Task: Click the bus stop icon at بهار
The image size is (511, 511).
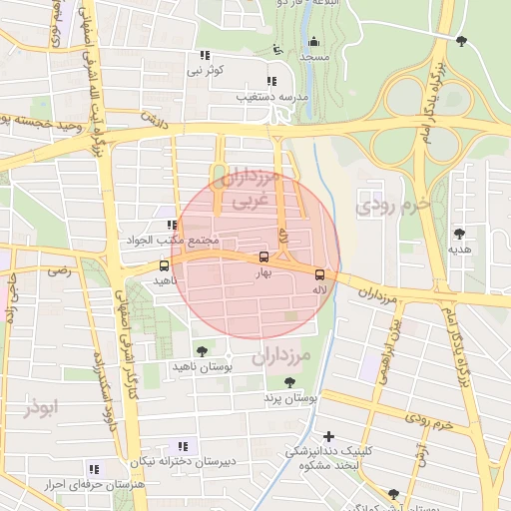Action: click(263, 255)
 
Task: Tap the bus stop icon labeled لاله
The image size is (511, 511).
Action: click(319, 273)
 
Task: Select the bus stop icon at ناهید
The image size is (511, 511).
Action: click(164, 266)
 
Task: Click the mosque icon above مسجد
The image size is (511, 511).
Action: click(314, 41)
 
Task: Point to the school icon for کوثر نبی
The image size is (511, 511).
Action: click(204, 56)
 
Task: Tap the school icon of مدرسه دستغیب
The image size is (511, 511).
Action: click(270, 82)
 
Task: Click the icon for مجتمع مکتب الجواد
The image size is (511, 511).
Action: click(173, 226)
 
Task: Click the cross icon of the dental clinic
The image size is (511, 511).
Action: click(328, 435)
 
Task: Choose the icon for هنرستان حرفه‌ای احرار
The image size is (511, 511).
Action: click(94, 468)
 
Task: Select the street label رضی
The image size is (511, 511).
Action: click(62, 269)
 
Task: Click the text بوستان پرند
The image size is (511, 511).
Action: click(288, 398)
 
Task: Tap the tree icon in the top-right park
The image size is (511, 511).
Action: click(461, 41)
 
